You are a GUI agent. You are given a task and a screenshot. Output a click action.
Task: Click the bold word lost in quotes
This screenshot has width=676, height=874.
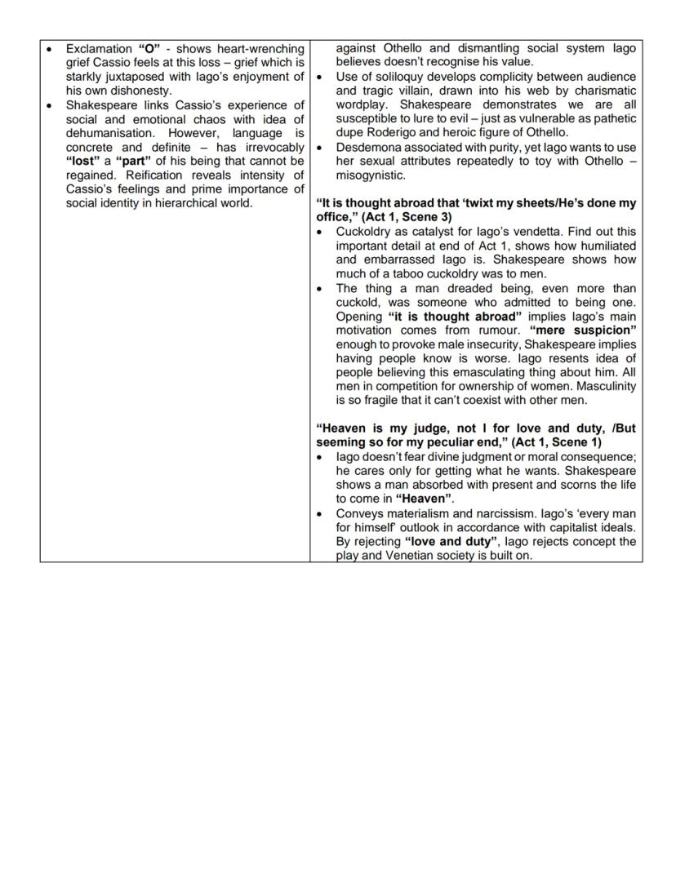tap(82, 161)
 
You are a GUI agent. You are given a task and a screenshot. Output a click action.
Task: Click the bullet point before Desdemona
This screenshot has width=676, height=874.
tap(321, 147)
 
